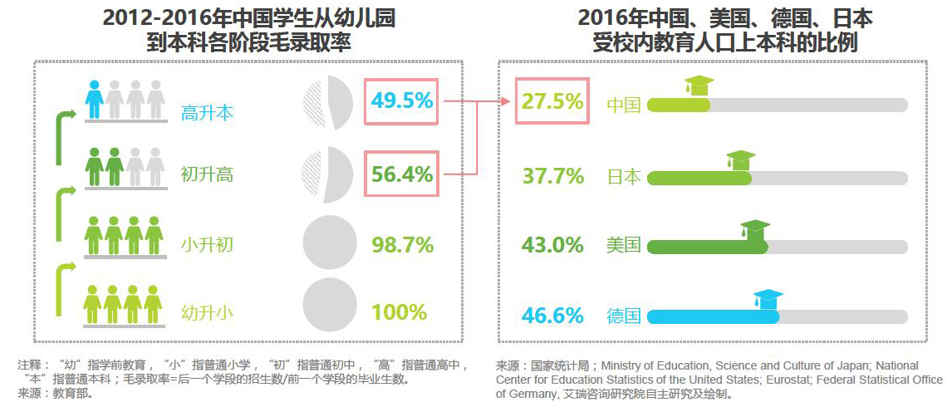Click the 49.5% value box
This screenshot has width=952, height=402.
click(x=401, y=101)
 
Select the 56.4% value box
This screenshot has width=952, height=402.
click(x=401, y=174)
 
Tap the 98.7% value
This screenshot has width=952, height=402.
click(x=402, y=245)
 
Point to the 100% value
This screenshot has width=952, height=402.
click(x=399, y=312)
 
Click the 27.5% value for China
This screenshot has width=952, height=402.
click(x=552, y=101)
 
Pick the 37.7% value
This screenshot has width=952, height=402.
click(x=552, y=176)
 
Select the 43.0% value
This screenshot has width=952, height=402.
click(x=552, y=246)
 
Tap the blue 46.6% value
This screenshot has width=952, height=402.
click(x=552, y=316)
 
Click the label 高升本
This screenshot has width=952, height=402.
click(x=207, y=114)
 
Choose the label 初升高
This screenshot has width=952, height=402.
click(x=207, y=175)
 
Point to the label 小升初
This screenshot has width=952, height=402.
click(x=207, y=245)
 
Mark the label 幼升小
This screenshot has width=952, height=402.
click(x=207, y=313)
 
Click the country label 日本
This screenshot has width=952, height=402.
click(x=624, y=177)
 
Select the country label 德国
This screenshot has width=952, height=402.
click(x=624, y=316)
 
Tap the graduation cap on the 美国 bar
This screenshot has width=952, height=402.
click(x=755, y=229)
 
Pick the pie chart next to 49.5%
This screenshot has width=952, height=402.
click(x=328, y=104)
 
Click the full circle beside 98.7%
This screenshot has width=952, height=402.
click(x=328, y=243)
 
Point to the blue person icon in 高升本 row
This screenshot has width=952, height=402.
click(x=95, y=99)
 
